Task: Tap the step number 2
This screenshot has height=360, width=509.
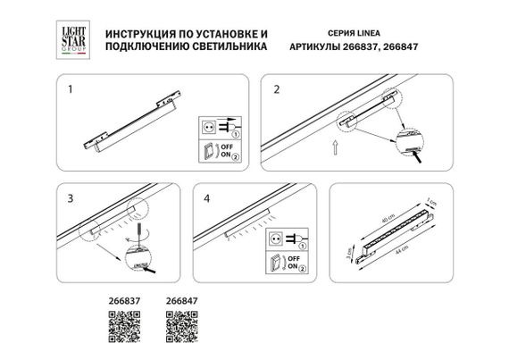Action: click(277, 90)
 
